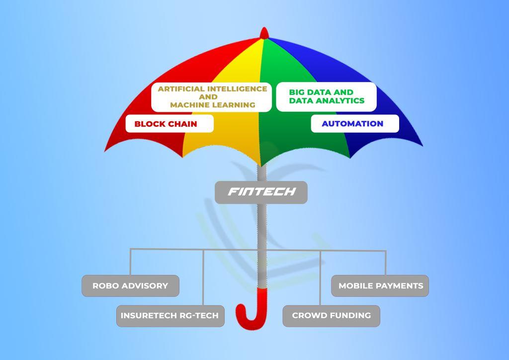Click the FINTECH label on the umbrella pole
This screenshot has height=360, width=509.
[261, 192]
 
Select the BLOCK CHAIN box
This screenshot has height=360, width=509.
[169, 124]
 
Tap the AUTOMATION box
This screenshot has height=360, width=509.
[354, 124]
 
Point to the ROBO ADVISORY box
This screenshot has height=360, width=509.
[130, 286]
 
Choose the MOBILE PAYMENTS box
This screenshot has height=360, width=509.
[380, 286]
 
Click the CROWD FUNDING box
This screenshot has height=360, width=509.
[331, 316]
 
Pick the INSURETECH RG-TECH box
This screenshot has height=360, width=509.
[170, 316]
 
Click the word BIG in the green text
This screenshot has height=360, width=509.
[296, 92]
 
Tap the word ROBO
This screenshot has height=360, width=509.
[105, 286]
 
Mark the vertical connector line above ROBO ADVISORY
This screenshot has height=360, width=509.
[130, 262]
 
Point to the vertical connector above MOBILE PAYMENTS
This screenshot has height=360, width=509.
[386, 263]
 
